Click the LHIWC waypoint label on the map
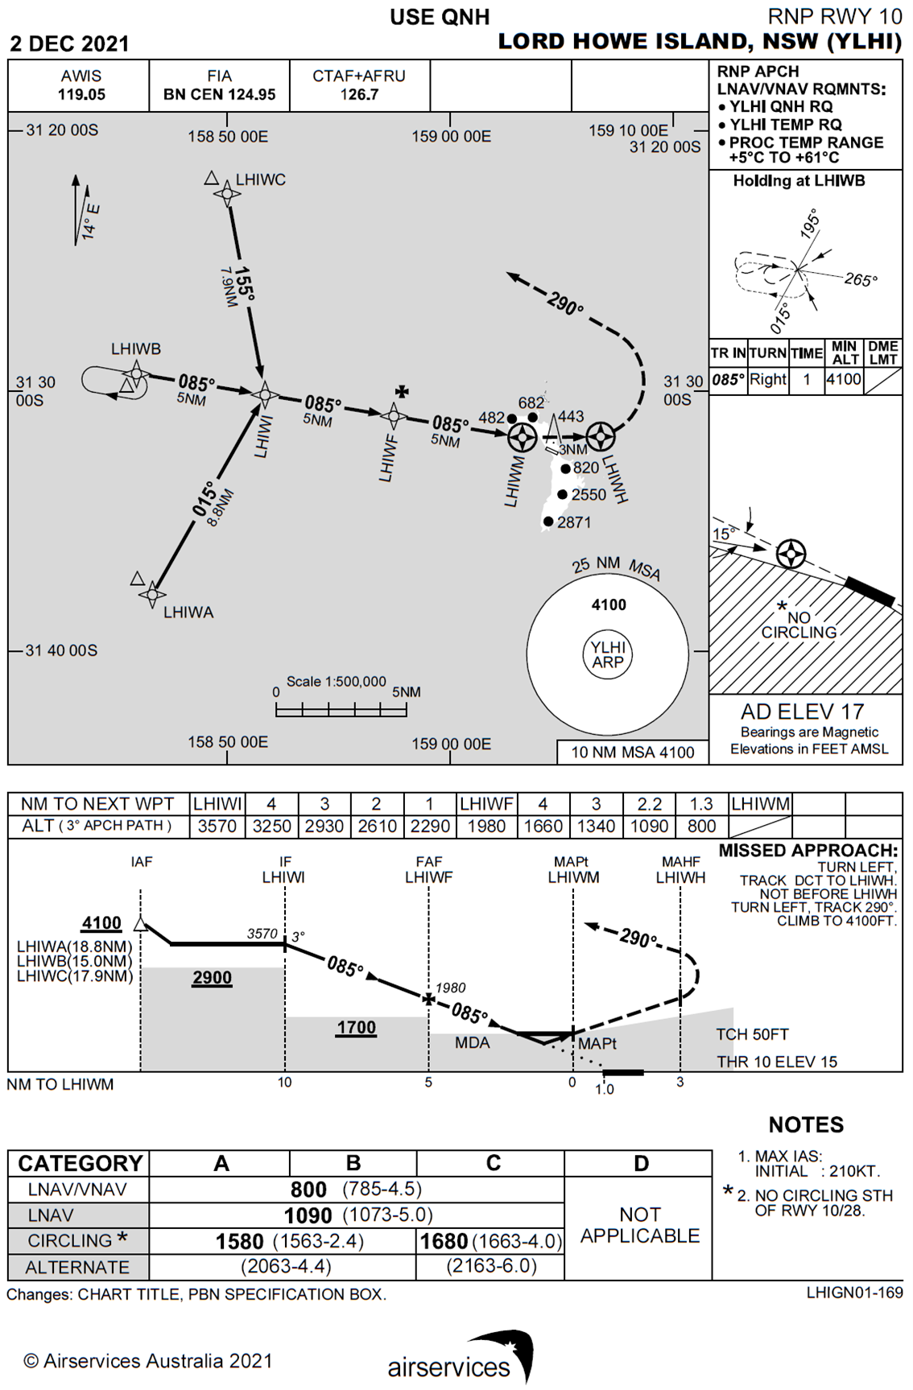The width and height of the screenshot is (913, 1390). [260, 179]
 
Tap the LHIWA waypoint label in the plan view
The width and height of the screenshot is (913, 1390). [188, 613]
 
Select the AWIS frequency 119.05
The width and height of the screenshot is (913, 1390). [81, 94]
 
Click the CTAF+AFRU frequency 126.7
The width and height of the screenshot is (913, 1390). [359, 94]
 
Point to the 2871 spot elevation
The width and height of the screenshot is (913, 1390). [574, 522]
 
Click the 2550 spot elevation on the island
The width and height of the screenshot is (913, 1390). [589, 495]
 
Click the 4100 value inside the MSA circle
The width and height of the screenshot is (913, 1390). [609, 604]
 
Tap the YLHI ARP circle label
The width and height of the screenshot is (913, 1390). [608, 654]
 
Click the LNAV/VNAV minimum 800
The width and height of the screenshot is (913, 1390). [308, 1190]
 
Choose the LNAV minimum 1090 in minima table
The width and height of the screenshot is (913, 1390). [308, 1215]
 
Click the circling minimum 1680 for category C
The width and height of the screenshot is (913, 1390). [444, 1241]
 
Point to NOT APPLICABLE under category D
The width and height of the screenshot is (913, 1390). [640, 1225]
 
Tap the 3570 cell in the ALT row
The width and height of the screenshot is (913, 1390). [217, 826]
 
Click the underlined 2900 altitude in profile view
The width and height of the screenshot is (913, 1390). [212, 978]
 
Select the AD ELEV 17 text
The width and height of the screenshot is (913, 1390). [802, 711]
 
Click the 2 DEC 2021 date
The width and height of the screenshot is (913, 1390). [69, 43]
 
